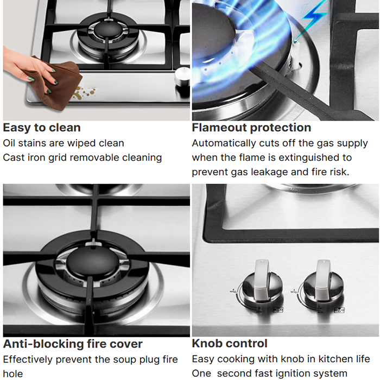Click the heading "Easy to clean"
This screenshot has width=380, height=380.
tap(42, 128)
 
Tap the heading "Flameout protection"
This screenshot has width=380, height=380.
tap(251, 128)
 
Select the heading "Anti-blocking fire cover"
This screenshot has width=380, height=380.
tap(73, 344)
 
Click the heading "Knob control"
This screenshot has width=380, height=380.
tap(230, 344)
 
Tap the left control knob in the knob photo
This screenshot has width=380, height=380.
tap(262, 283)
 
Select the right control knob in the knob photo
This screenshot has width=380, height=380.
tap(323, 283)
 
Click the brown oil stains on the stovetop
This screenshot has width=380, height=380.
tap(85, 93)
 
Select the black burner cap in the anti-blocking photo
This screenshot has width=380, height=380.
tap(93, 263)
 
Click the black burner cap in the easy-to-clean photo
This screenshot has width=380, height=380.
tap(107, 30)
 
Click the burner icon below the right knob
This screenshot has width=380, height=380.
tap(339, 310)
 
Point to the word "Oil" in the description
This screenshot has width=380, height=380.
tap(9, 143)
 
